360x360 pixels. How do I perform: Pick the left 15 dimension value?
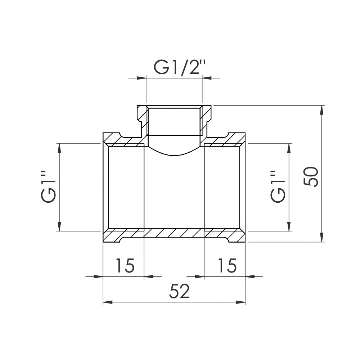(125, 266)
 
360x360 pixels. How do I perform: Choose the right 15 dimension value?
(226, 266)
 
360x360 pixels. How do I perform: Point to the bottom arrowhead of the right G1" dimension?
(289, 226)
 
